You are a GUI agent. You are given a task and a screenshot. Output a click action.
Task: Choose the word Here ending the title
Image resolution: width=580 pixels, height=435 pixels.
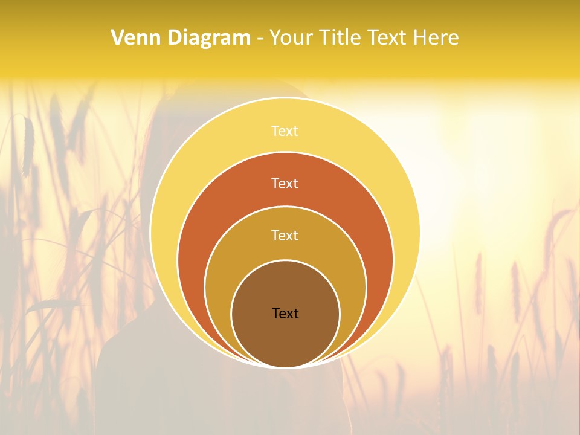[x=436, y=38]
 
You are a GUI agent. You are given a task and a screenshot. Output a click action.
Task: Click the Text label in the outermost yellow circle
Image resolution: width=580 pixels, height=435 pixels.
[x=285, y=131]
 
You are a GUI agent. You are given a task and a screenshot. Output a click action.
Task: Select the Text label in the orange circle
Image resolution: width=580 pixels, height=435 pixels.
[x=285, y=183]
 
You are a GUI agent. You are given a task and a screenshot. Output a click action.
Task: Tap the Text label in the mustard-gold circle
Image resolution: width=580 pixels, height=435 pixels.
[x=285, y=235]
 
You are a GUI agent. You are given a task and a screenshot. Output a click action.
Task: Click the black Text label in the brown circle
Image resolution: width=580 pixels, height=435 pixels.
[x=285, y=313]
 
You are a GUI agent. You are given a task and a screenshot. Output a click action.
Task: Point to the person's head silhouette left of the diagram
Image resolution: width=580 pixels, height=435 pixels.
[x=166, y=121]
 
